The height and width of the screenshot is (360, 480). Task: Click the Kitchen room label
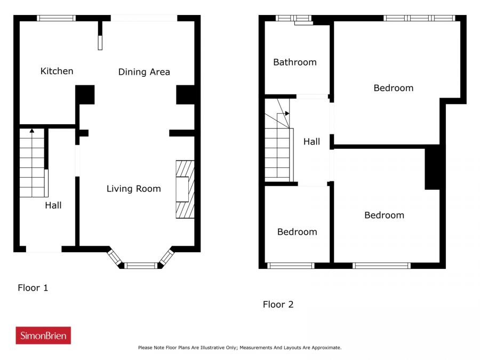(x=57, y=71)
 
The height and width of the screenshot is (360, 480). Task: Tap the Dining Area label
(x=144, y=72)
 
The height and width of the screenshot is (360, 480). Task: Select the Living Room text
(x=133, y=189)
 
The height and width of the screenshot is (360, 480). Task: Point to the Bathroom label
(x=295, y=62)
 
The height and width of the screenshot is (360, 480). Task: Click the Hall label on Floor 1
(x=53, y=205)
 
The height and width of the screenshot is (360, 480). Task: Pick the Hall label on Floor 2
(x=311, y=141)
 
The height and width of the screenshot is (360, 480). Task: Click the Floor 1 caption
(x=33, y=288)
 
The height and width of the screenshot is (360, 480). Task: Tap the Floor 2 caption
(x=278, y=305)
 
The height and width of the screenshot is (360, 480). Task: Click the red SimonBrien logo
(x=43, y=335)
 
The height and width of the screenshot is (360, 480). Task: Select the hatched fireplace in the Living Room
(x=185, y=189)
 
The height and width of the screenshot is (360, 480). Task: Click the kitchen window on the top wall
(x=57, y=18)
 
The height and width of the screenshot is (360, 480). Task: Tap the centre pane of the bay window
(x=141, y=266)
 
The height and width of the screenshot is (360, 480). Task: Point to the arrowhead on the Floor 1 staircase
(x=32, y=131)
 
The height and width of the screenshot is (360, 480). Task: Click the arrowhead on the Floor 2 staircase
(x=287, y=113)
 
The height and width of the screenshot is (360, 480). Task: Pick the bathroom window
(x=293, y=18)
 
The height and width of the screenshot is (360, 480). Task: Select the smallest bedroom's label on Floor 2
(x=297, y=232)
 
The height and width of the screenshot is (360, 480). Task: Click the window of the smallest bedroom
(x=291, y=266)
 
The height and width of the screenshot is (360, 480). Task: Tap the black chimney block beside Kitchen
(x=85, y=94)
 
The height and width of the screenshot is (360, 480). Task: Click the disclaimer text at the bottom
(x=239, y=347)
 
